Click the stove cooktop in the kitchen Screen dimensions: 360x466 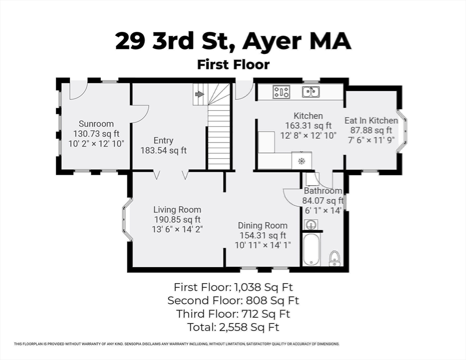pyautogui.click(x=281, y=92)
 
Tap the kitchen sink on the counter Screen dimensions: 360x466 pyautogui.click(x=310, y=92)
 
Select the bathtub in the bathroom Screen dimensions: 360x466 pyautogui.click(x=311, y=250)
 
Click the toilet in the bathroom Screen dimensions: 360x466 pyautogui.click(x=334, y=258)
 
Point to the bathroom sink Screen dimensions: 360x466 pyautogui.click(x=310, y=225)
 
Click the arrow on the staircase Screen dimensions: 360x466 pyautogui.click(x=199, y=94)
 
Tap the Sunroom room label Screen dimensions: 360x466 pyautogui.click(x=96, y=124)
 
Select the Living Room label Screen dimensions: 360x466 pyautogui.click(x=177, y=210)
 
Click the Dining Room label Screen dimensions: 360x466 pyautogui.click(x=262, y=225)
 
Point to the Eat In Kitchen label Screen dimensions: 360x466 pyautogui.click(x=371, y=120)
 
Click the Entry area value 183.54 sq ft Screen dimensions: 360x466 pyautogui.click(x=163, y=150)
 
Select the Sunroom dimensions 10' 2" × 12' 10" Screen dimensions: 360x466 pyautogui.click(x=96, y=144)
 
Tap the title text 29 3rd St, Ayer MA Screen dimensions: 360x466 pyautogui.click(x=233, y=41)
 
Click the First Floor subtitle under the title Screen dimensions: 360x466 pyautogui.click(x=233, y=64)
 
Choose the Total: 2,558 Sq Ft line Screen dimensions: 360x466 pyautogui.click(x=233, y=327)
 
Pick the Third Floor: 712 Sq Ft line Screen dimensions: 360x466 pyautogui.click(x=233, y=314)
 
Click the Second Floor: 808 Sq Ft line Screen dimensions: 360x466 pyautogui.click(x=233, y=300)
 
